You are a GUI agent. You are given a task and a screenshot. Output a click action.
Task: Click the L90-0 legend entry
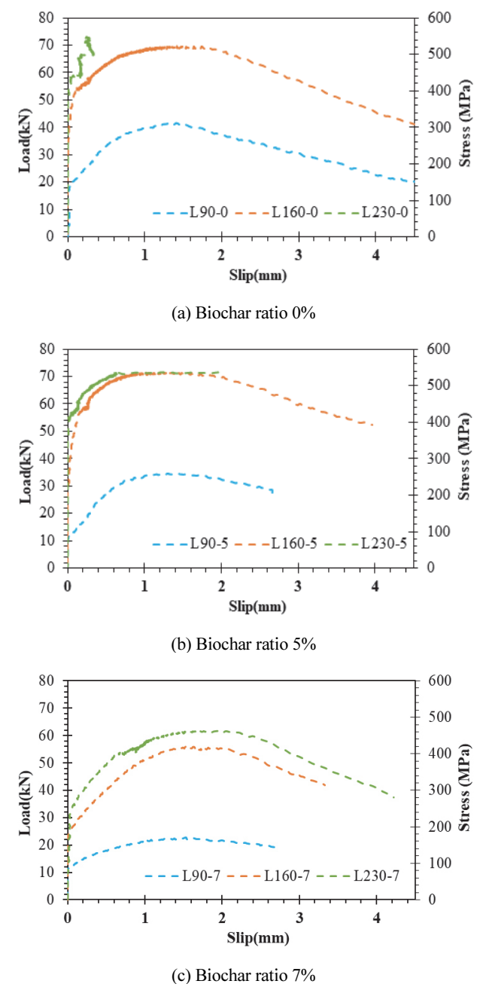pos(190,213)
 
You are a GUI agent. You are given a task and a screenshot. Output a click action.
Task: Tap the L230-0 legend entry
pos(366,213)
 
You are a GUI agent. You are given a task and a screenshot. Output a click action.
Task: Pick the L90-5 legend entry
pos(190,544)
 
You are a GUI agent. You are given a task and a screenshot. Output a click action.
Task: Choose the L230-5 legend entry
pos(365,544)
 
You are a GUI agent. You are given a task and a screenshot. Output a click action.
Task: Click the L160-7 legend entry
pos(268,876)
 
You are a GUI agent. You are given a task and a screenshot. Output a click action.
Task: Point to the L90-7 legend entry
pos(183,876)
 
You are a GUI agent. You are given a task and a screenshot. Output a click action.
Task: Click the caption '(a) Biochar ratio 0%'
pos(243,313)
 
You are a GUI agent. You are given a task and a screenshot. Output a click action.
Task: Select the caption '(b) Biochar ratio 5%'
pos(243,644)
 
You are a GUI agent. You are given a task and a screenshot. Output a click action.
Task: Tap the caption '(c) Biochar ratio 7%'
pos(243,975)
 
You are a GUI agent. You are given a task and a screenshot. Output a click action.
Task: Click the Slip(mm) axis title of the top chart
pos(257,276)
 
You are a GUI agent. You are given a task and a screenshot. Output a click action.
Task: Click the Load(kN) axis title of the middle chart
pos(26,472)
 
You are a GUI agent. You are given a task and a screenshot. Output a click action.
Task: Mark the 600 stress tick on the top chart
pos(439,18)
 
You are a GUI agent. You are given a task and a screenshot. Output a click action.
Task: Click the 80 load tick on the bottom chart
pos(46,681)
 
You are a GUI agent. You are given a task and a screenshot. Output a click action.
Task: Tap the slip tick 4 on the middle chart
pos(375,586)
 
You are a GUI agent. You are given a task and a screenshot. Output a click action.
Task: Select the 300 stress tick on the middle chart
pos(439,458)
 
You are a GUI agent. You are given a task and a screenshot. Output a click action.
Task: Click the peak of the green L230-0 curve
pos(87,38)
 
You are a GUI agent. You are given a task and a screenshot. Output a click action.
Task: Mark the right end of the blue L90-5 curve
pos(272,491)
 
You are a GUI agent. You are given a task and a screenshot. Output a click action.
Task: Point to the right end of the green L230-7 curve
pos(393,797)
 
